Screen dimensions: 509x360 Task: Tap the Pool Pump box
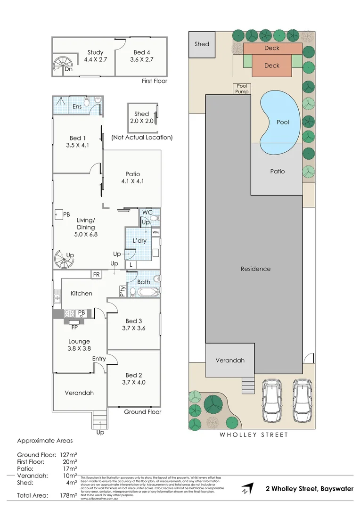click(x=242, y=89)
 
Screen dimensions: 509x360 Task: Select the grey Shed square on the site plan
click(x=202, y=44)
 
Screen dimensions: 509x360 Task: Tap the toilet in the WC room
click(x=155, y=219)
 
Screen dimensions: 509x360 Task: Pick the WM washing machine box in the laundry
click(x=155, y=232)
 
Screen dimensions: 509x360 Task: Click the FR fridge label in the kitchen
click(x=97, y=274)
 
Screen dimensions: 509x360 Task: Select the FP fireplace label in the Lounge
click(x=74, y=327)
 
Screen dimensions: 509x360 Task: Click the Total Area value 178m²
click(x=69, y=495)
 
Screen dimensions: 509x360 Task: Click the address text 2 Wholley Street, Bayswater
click(x=309, y=489)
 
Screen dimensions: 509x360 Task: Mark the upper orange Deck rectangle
click(x=272, y=48)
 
